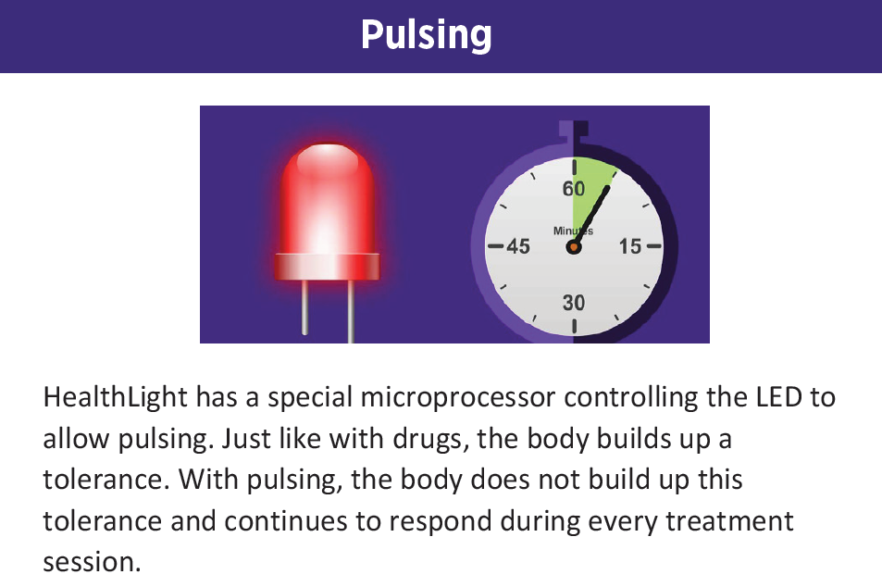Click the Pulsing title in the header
[426, 35]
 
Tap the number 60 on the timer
[574, 189]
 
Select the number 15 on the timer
[630, 246]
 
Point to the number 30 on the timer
[574, 303]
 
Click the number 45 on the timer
[516, 246]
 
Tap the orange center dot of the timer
[574, 247]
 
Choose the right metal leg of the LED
[351, 310]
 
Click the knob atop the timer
[574, 131]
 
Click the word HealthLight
[115, 397]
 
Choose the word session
[92, 561]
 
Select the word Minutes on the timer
[573, 231]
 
